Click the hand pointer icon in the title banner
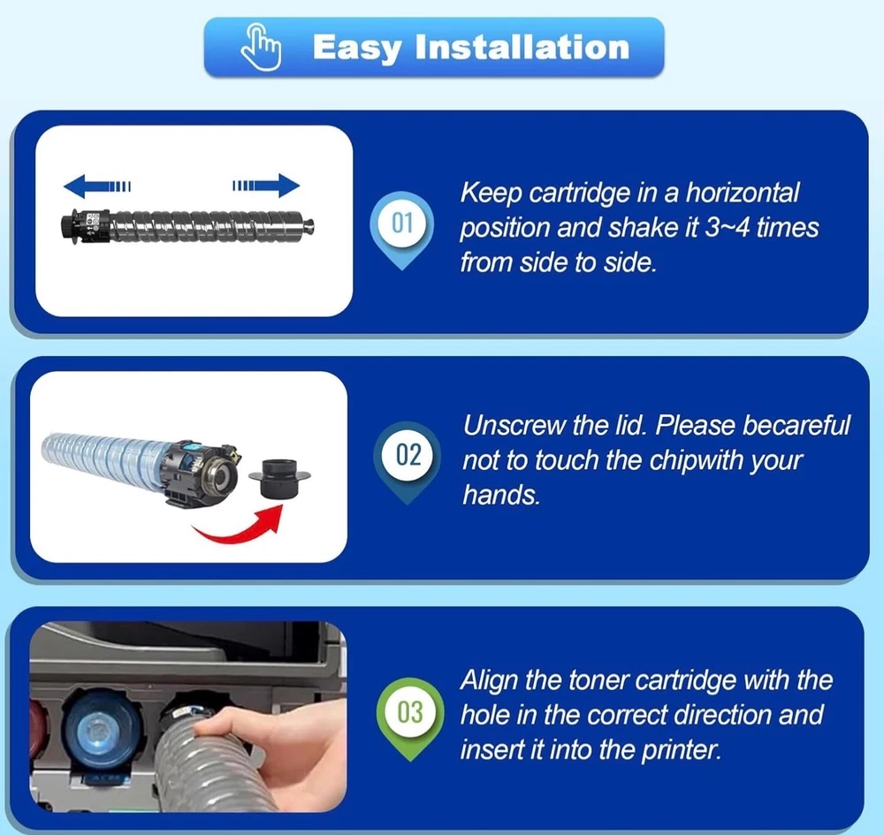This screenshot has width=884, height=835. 261,47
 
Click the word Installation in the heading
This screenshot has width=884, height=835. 522,48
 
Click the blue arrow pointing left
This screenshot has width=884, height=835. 97,186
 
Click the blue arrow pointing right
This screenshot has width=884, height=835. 266,186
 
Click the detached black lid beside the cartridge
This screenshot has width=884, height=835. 279,478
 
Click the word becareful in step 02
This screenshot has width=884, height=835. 796,425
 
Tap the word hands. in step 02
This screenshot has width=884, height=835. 501,495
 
